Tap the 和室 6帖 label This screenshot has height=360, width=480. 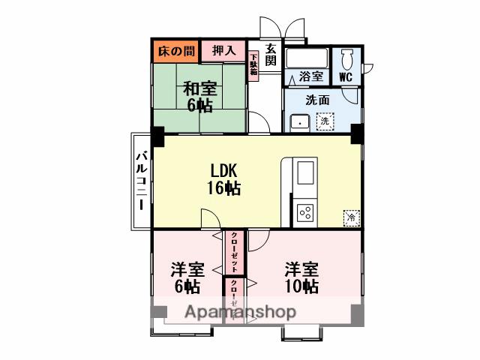coord(199,95)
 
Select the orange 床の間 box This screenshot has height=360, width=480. coord(175,51)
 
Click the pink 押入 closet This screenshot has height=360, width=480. coord(223,51)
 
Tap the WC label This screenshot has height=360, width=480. coord(346,77)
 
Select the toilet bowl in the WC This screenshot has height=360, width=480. coord(347,60)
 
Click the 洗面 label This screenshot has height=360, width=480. coord(318,100)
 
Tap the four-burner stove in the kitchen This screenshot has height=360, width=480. coord(306,212)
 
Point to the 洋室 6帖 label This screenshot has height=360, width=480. coord(187,277)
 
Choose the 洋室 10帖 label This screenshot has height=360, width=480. coord(301,277)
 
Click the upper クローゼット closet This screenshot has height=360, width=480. coord(234,252)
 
